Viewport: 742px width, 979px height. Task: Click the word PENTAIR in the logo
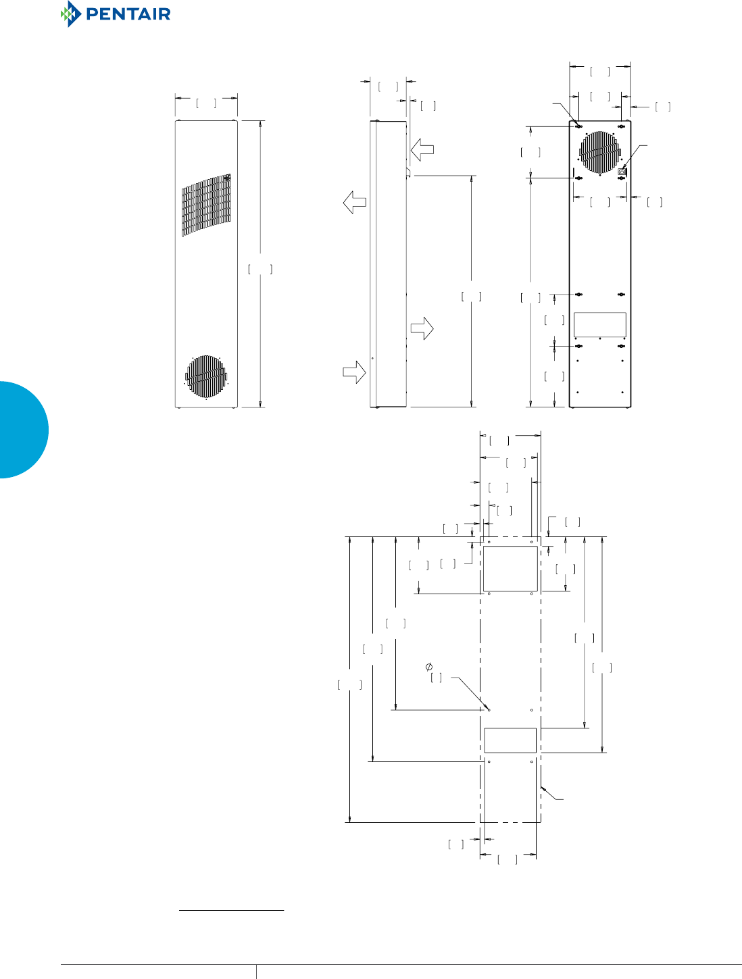128,14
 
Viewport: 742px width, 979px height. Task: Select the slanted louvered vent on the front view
206,205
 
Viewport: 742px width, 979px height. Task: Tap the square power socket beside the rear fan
622,172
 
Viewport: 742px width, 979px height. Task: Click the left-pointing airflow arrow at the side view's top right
422,149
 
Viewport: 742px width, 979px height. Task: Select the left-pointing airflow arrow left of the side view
355,202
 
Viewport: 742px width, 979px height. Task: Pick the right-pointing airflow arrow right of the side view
422,328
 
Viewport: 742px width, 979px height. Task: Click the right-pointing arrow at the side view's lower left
355,372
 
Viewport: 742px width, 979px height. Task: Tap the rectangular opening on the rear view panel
599,324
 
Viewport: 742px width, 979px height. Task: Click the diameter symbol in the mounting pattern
429,667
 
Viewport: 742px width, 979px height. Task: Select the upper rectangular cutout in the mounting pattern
510,568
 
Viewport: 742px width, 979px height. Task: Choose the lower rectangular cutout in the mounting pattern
510,740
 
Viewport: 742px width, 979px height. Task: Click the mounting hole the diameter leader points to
489,710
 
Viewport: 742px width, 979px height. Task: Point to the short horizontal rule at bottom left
231,910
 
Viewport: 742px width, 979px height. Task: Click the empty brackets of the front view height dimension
260,270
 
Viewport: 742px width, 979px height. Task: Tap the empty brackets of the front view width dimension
206,103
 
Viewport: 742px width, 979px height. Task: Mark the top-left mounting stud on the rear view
579,126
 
